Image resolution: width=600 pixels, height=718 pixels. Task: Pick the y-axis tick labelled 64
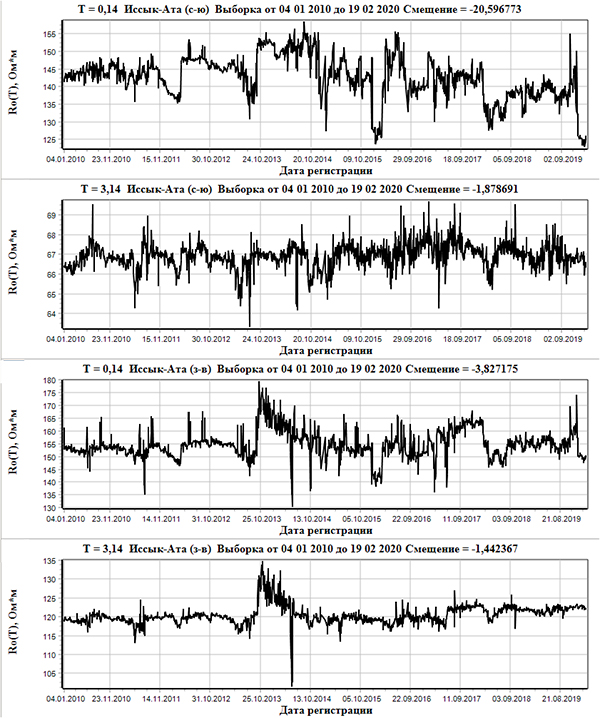(x=48, y=313)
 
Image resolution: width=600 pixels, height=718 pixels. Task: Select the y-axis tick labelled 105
(x=46, y=674)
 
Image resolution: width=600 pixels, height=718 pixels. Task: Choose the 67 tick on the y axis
(x=48, y=255)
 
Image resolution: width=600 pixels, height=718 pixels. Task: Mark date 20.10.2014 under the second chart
(x=315, y=338)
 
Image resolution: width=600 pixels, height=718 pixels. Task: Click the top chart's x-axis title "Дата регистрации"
(x=322, y=171)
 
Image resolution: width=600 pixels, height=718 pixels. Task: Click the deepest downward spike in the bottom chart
(x=292, y=683)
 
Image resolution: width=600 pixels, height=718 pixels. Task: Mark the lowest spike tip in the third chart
(x=292, y=506)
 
